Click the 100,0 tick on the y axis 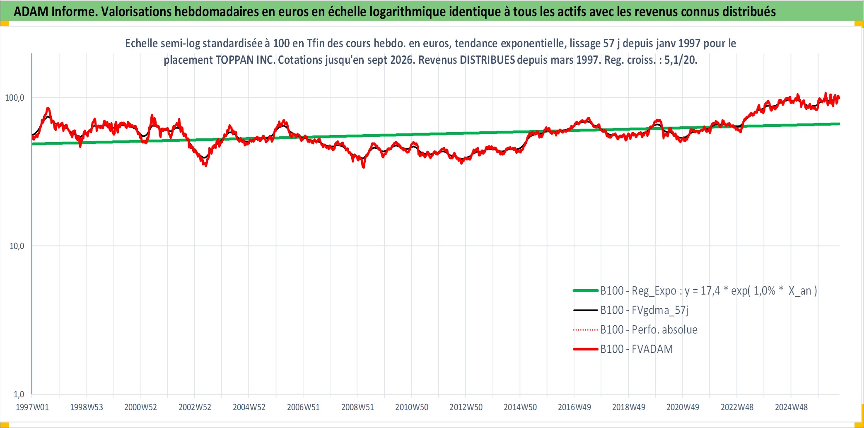pyautogui.click(x=14, y=98)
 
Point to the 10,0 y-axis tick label pyautogui.click(x=17, y=246)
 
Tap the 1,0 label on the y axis pyautogui.click(x=19, y=394)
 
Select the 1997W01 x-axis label pyautogui.click(x=32, y=407)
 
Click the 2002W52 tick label pyautogui.click(x=195, y=407)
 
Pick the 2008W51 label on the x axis pyautogui.click(x=357, y=407)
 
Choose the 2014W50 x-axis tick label pyautogui.click(x=520, y=407)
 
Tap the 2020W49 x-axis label pyautogui.click(x=683, y=407)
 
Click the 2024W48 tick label pyautogui.click(x=791, y=407)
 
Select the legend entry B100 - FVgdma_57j pyautogui.click(x=644, y=310)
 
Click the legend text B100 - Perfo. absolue pyautogui.click(x=649, y=330)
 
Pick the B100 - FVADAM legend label pyautogui.click(x=637, y=349)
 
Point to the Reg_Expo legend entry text pyautogui.click(x=709, y=291)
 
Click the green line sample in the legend pyautogui.click(x=586, y=291)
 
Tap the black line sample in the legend pyautogui.click(x=586, y=310)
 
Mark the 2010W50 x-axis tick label pyautogui.click(x=412, y=407)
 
